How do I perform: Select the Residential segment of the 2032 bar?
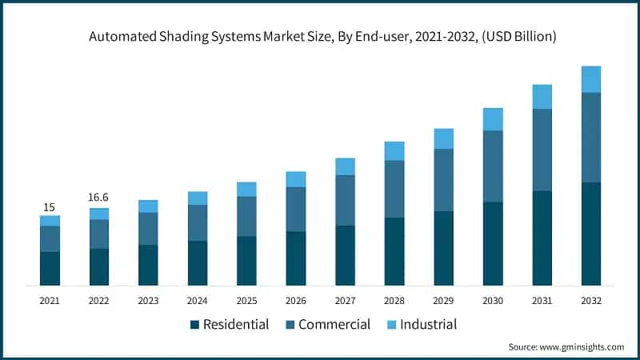[x=591, y=234]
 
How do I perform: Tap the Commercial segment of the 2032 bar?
[x=591, y=137]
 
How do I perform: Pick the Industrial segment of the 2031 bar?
[x=542, y=96]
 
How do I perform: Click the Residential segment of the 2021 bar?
[x=50, y=268]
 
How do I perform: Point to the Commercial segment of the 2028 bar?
[x=394, y=189]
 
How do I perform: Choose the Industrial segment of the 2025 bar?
[x=246, y=189]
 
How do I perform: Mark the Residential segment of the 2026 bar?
[x=296, y=258]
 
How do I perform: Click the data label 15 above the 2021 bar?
[x=50, y=207]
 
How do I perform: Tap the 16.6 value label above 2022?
[x=99, y=198]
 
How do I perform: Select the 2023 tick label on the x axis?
[x=148, y=300]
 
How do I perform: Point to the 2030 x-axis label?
[x=493, y=300]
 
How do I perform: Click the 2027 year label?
[x=345, y=300]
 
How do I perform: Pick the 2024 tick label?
[x=198, y=300]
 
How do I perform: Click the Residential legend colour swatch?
[x=194, y=325]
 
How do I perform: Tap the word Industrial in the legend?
[x=430, y=324]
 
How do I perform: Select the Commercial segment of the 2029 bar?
[x=443, y=180]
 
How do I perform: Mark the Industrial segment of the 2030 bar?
[x=493, y=119]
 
